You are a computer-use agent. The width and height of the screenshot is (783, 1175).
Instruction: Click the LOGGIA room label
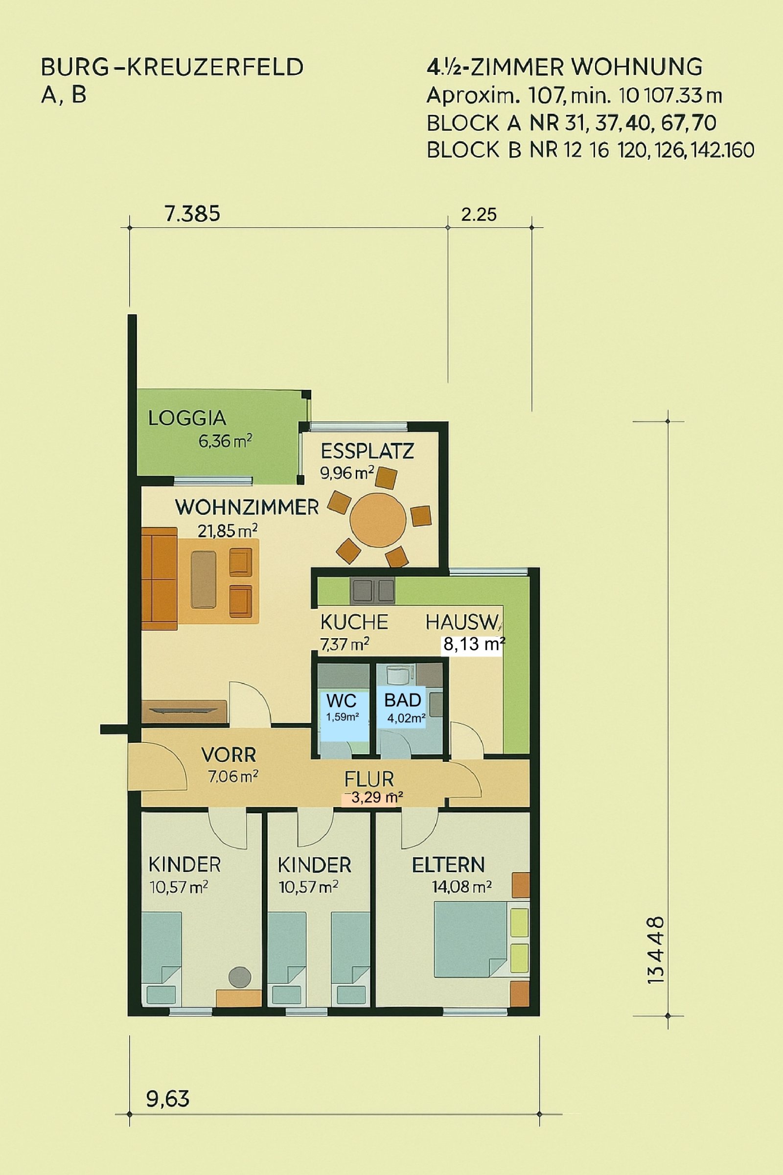point(187,418)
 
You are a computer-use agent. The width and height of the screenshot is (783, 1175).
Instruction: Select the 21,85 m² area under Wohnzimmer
point(227,530)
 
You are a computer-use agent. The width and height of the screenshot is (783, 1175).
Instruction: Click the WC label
point(342,701)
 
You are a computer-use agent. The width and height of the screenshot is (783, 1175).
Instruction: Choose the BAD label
point(402,700)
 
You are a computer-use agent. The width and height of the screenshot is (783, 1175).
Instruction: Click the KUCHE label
point(353,622)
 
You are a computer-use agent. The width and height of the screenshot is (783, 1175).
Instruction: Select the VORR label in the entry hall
point(229,755)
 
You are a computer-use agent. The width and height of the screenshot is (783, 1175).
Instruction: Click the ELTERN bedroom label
point(448,865)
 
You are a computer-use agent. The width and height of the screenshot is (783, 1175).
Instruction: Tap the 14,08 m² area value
point(461,887)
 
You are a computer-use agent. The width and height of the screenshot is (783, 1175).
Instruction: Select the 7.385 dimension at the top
point(192,214)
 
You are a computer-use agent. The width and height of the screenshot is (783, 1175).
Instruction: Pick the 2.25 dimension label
point(479,215)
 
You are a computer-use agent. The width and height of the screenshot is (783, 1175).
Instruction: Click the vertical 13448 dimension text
point(656,950)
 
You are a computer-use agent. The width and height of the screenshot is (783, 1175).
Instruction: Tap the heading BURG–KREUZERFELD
point(172,67)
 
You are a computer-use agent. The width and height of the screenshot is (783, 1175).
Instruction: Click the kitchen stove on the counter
point(373,590)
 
